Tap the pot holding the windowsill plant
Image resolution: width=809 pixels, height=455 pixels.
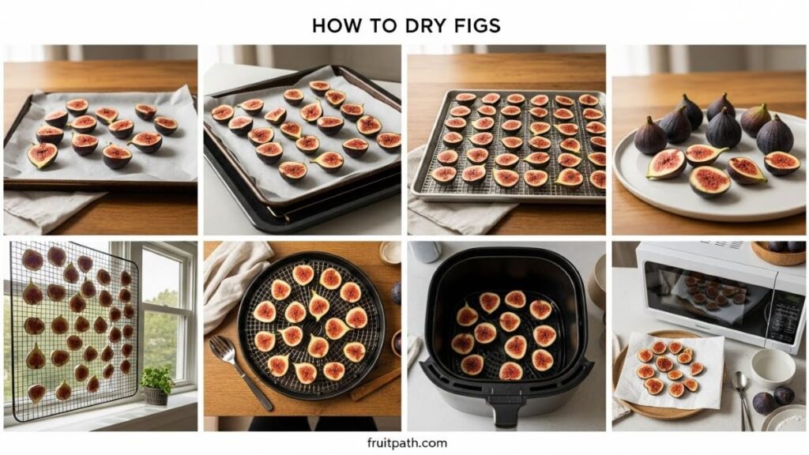(x=156, y=395)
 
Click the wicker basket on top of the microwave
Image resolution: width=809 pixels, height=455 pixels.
(x=777, y=253)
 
